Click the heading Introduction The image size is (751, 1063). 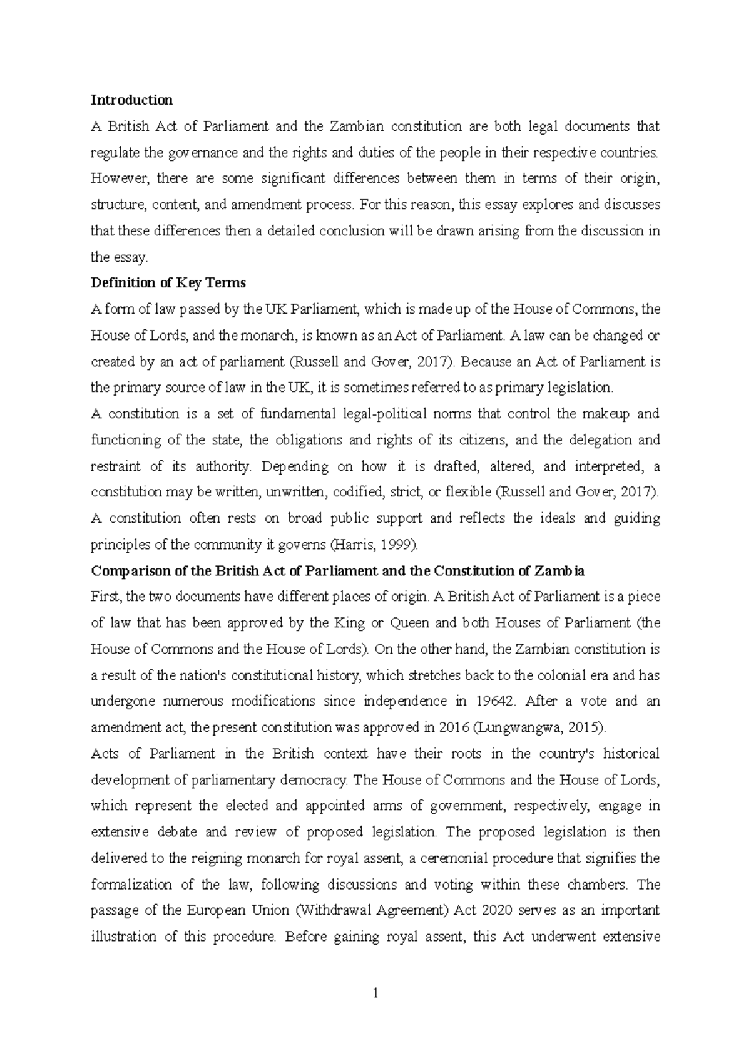(131, 100)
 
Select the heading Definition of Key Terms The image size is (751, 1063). (168, 283)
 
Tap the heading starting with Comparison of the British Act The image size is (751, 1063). (337, 571)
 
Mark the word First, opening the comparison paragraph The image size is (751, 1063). (107, 597)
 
